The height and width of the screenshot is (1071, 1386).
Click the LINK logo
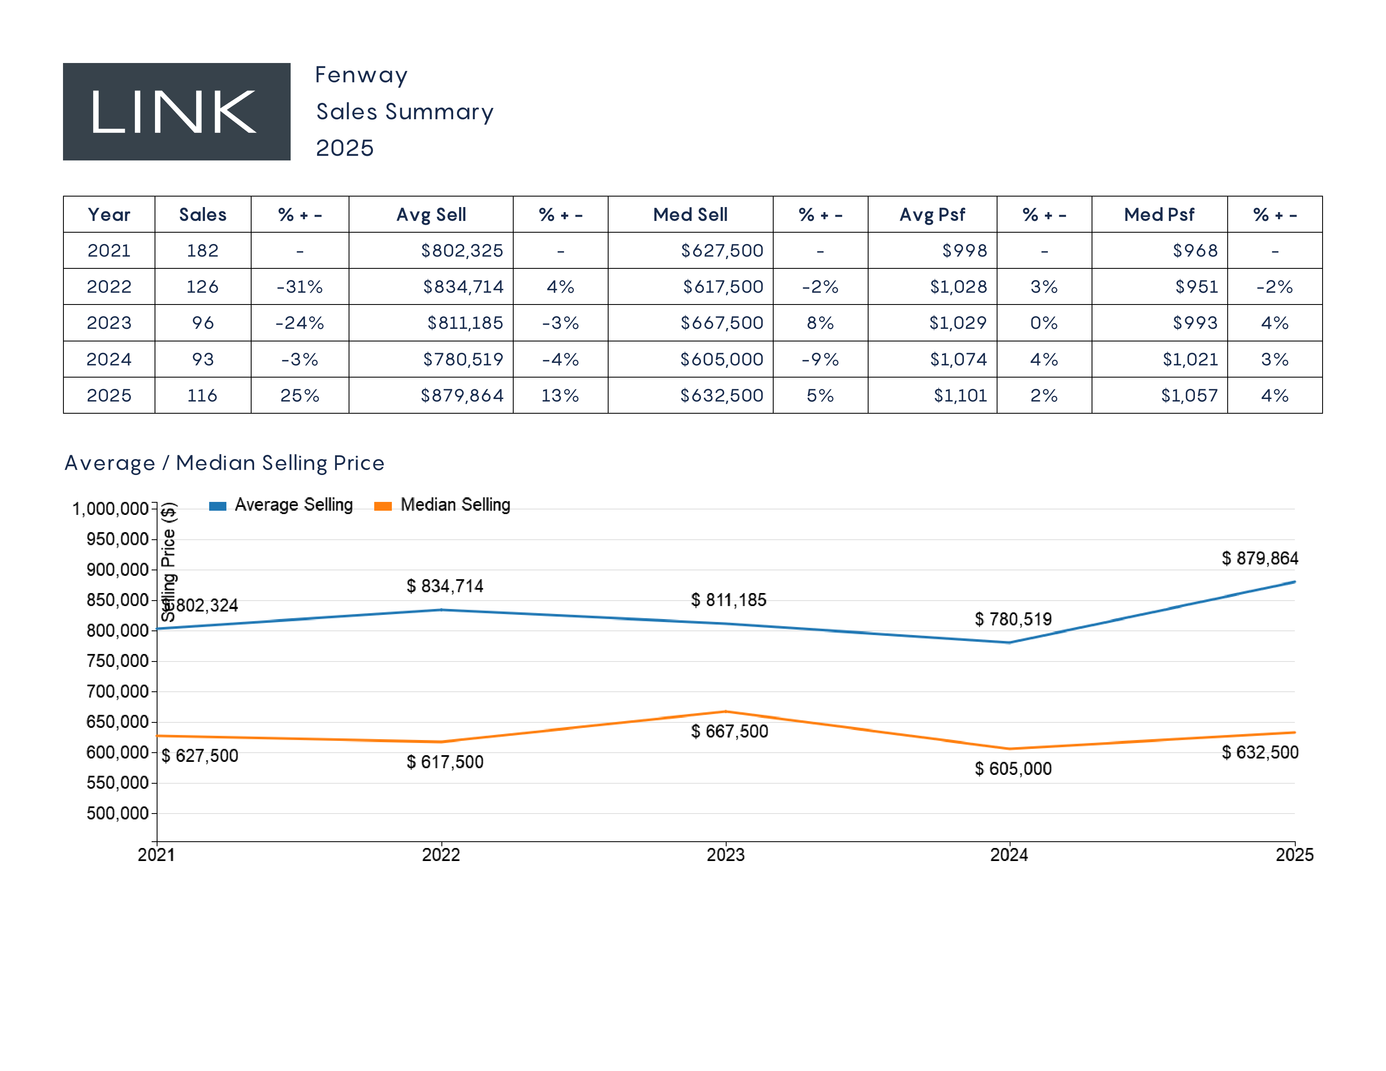tap(176, 112)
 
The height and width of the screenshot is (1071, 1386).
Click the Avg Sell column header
tap(431, 215)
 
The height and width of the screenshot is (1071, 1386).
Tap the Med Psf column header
tap(1159, 215)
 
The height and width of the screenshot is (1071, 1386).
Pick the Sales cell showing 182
tap(202, 251)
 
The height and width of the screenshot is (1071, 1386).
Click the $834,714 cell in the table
tap(463, 287)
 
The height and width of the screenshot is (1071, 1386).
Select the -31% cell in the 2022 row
tap(299, 287)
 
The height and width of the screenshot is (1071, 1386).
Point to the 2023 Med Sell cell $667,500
tap(722, 323)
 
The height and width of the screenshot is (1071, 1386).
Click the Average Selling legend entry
tap(281, 505)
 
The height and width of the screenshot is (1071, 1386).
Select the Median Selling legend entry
tap(443, 505)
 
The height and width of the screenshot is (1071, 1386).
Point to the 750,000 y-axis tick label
tap(118, 661)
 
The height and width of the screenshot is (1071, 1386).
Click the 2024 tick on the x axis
tap(1009, 855)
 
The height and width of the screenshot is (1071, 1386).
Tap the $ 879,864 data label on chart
tap(1260, 558)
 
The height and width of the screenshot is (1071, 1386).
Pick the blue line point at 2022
tap(441, 610)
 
